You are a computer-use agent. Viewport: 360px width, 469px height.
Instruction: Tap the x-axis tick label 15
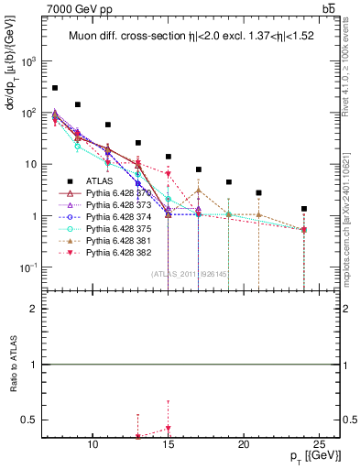(169, 444)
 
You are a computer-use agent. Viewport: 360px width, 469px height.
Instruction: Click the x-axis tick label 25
(319, 444)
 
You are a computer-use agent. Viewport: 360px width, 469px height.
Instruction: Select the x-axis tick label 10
(93, 444)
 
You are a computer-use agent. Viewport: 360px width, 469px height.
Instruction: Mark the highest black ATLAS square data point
(55, 88)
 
